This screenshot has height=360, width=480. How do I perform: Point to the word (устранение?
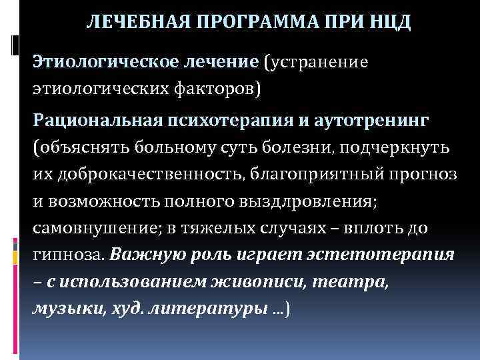[x=316, y=63]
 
